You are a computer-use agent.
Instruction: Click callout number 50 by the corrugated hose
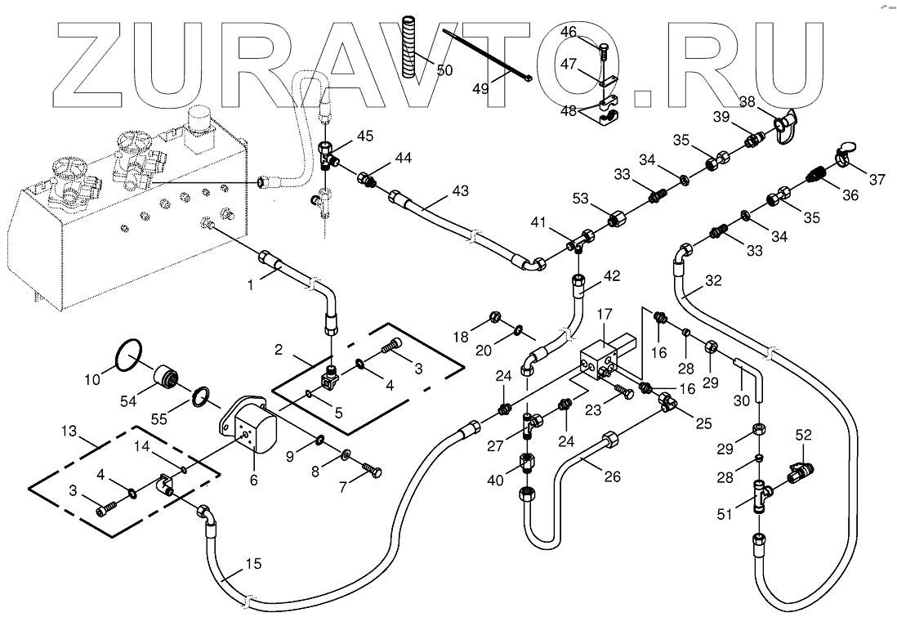pyautogui.click(x=444, y=71)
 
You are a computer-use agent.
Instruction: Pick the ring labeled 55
pyautogui.click(x=201, y=398)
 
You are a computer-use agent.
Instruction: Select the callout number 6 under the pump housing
pyautogui.click(x=253, y=481)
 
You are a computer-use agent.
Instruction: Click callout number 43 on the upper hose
pyautogui.click(x=461, y=190)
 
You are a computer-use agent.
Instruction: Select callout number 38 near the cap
pyautogui.click(x=747, y=102)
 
